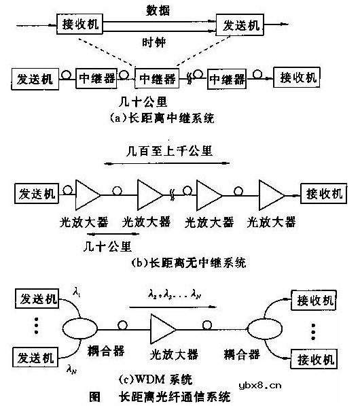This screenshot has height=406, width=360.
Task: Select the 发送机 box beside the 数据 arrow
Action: [239, 26]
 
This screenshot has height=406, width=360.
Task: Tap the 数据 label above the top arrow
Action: [160, 12]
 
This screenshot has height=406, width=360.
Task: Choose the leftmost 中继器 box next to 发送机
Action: [96, 79]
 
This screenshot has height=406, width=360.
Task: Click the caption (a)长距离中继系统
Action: [162, 119]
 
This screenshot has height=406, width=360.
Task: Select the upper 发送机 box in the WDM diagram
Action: [37, 300]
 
